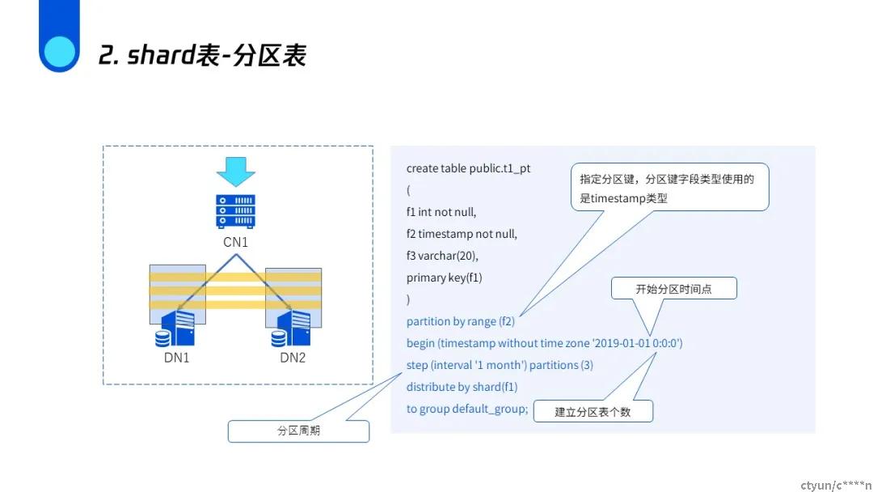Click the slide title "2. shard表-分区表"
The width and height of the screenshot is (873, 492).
pos(202,54)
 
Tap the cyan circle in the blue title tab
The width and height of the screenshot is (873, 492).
pos(59,52)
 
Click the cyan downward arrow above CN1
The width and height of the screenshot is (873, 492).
pos(235,172)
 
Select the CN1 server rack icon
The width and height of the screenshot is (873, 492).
pos(235,210)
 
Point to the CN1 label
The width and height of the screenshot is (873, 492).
pos(235,243)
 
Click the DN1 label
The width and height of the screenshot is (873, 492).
pos(176,358)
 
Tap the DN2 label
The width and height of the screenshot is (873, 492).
pos(293,358)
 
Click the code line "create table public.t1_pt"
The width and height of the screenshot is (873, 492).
pos(468,168)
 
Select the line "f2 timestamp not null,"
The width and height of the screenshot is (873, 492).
pos(462,234)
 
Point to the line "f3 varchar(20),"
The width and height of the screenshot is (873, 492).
pos(442,256)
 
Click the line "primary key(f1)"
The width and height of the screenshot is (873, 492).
pos(444,278)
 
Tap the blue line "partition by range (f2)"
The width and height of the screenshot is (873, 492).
pos(461,321)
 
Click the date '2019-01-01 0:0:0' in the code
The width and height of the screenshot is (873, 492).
pos(635,343)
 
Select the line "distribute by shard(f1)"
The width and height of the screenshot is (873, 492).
pos(462,387)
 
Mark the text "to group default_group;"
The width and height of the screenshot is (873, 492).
pos(467,409)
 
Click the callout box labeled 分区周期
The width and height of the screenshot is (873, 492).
pos(298,430)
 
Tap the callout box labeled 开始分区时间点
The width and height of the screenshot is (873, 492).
pos(673,289)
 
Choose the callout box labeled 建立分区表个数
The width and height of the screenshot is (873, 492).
pos(593,412)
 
